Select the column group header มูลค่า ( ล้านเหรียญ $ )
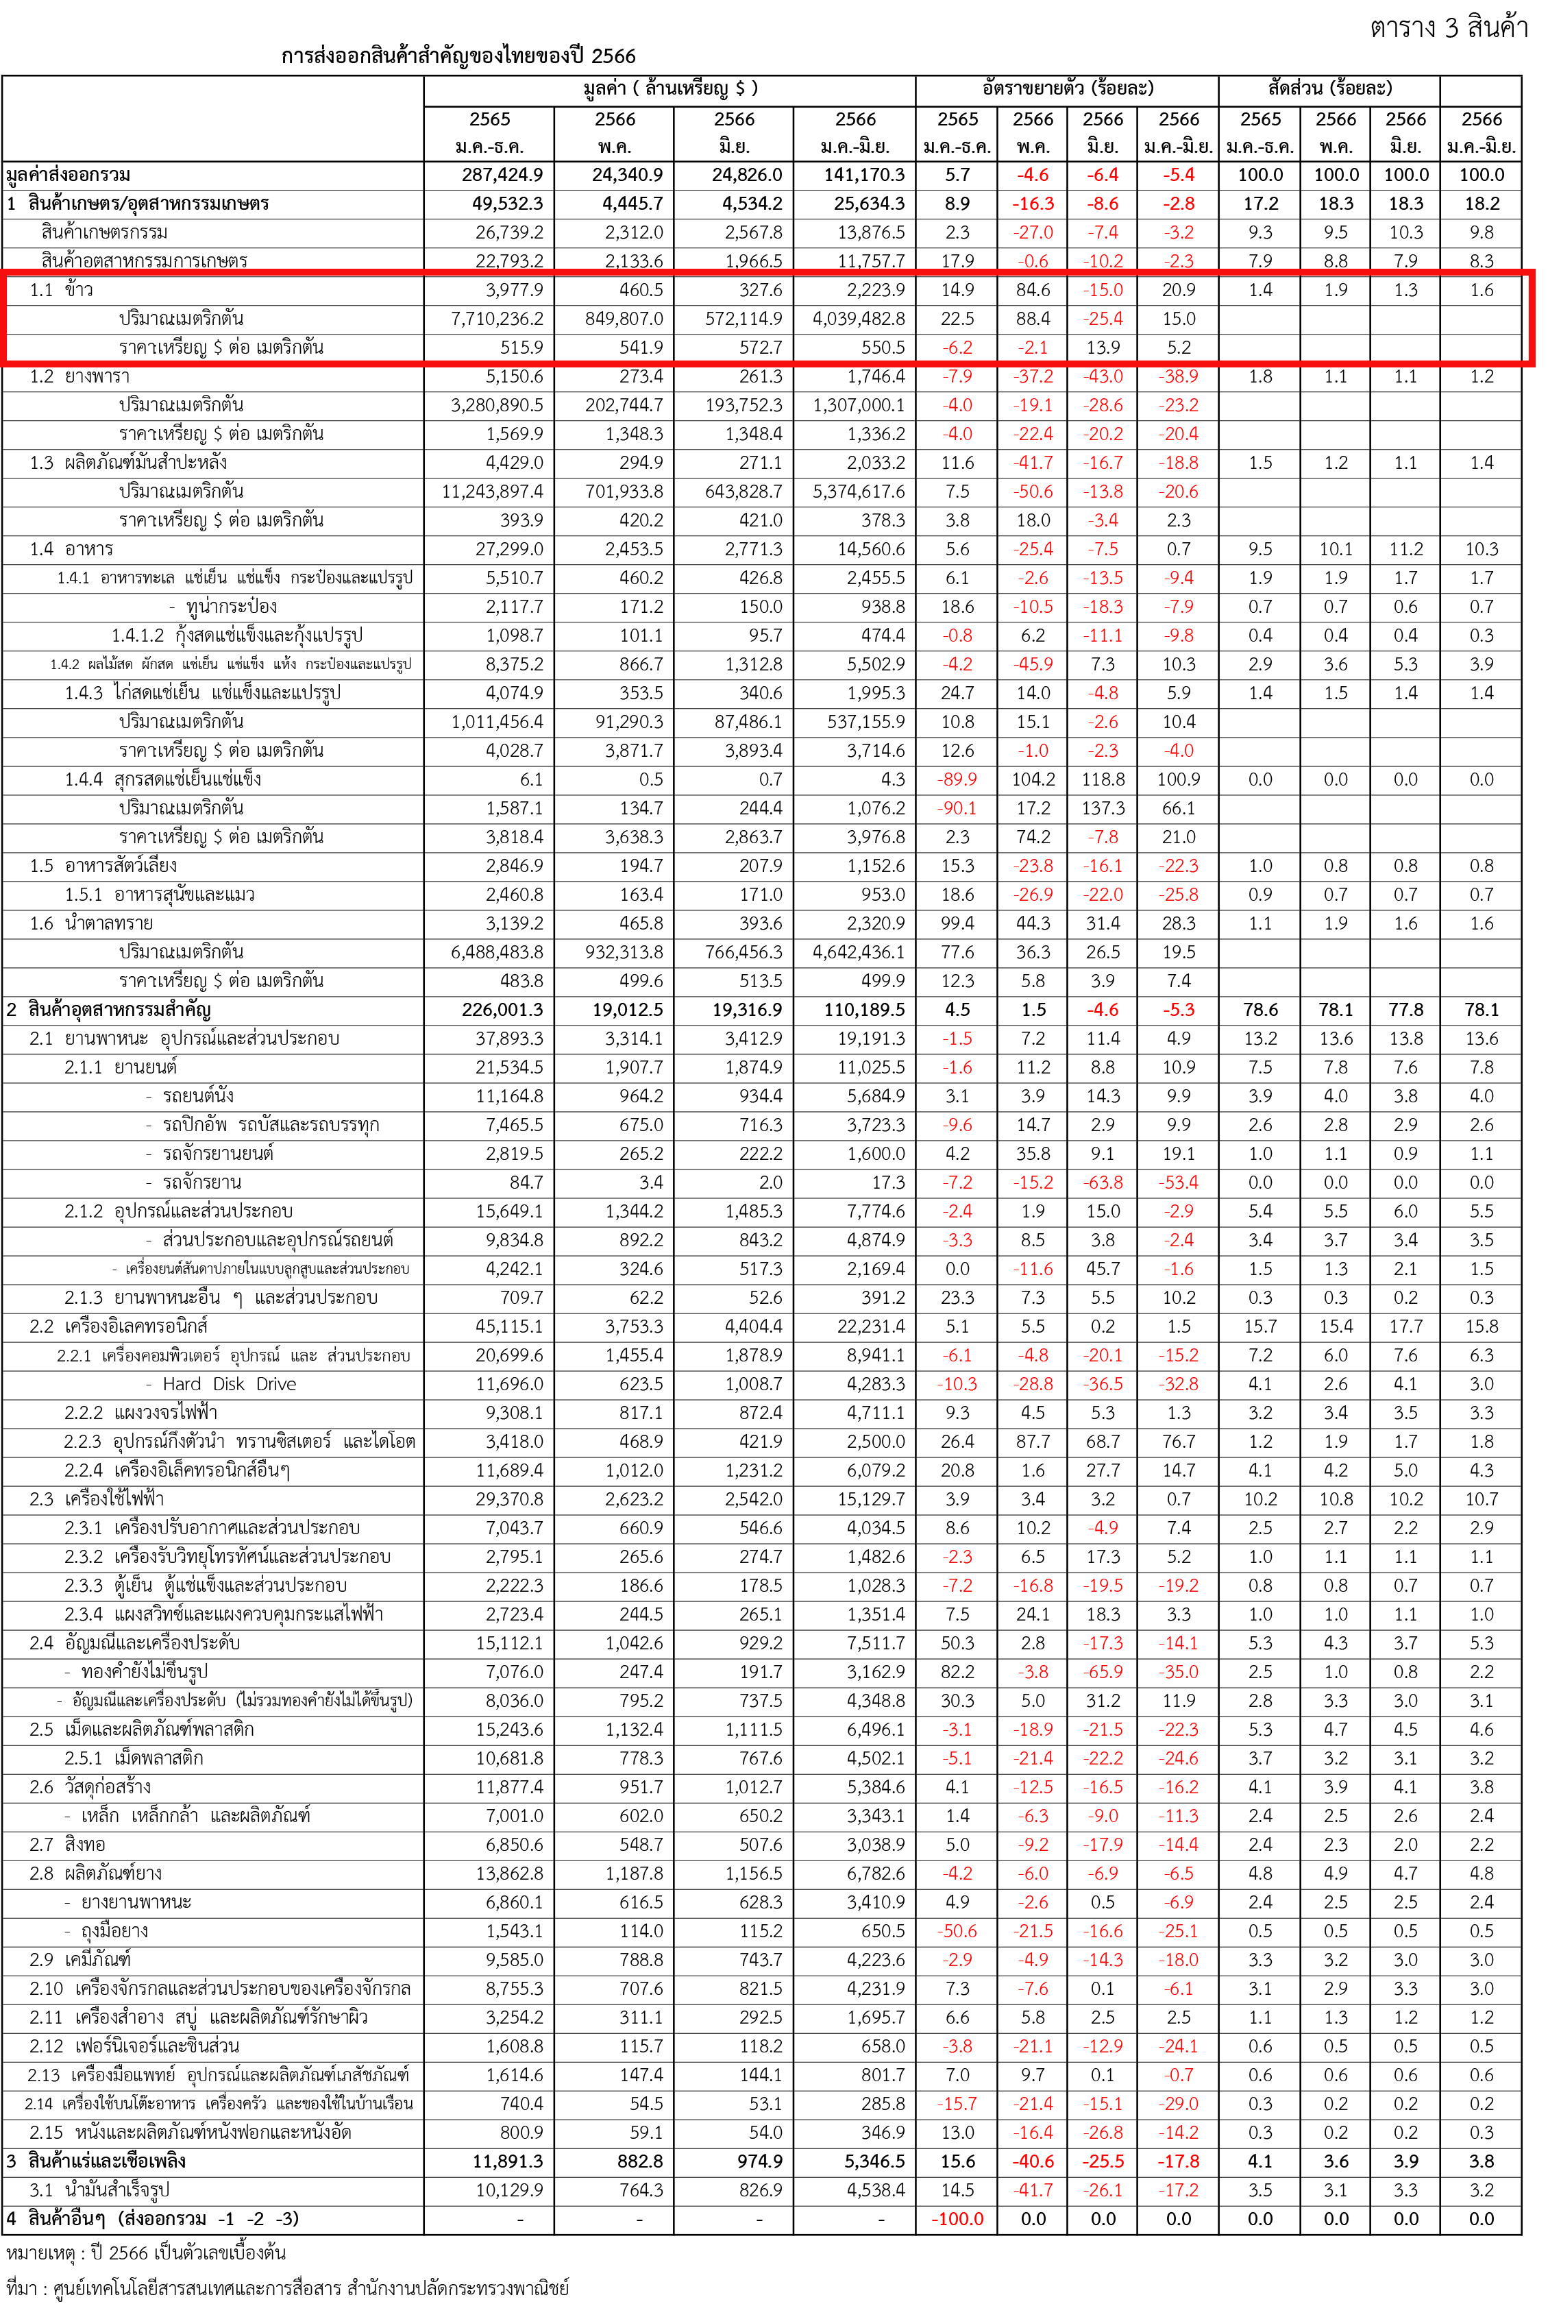[670, 89]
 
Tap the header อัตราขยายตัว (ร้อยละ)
[1068, 89]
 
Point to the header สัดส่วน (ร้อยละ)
[1330, 89]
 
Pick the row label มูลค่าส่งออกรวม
[69, 175]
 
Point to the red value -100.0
[957, 2219]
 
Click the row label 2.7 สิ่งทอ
[67, 1844]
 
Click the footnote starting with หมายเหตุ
[146, 2253]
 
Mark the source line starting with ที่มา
[287, 2287]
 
